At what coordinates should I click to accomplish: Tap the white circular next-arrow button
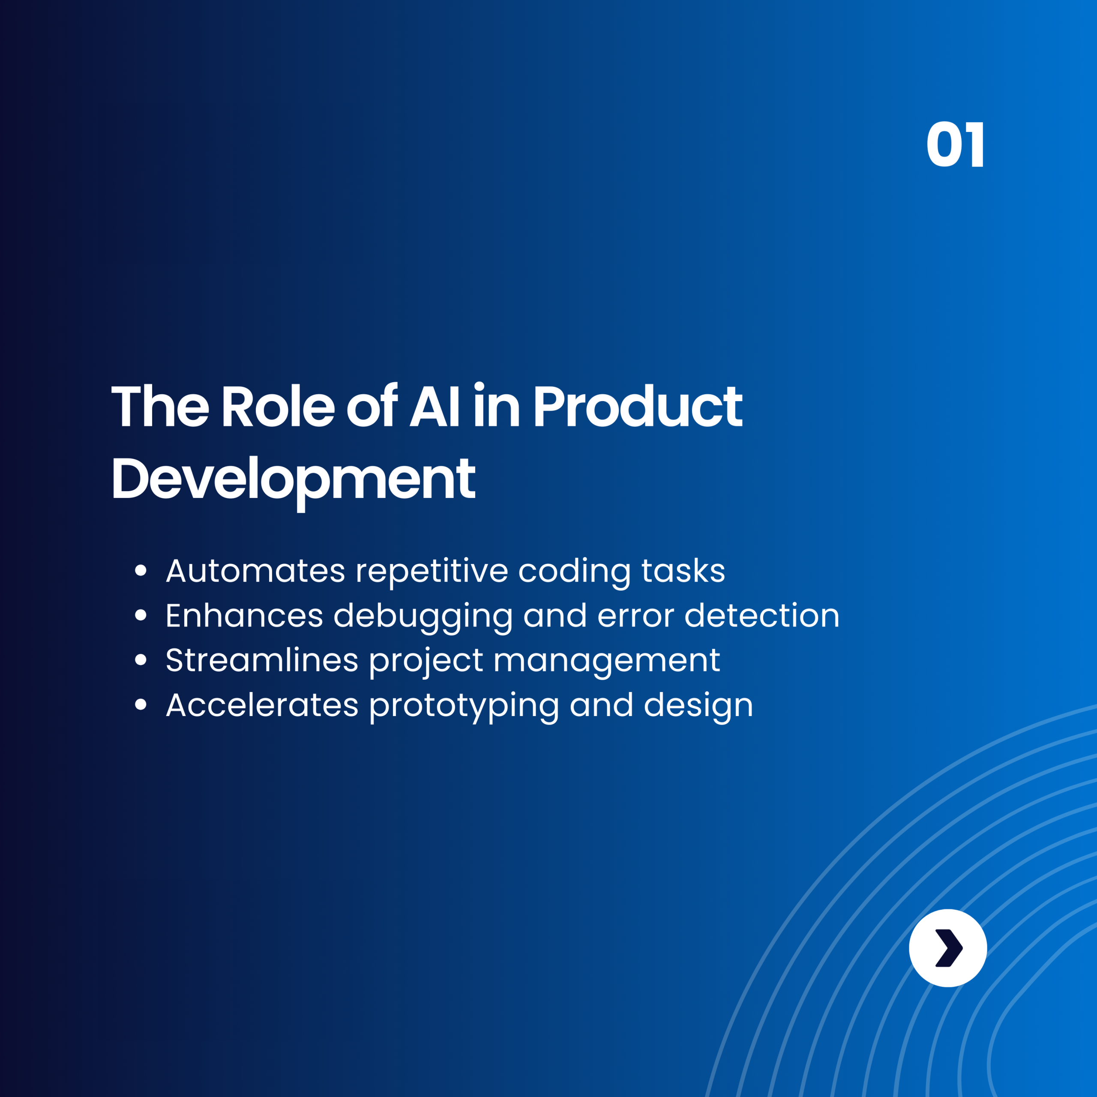coord(948,948)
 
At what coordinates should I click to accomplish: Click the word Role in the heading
coord(278,407)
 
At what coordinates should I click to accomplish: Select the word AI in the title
coord(435,407)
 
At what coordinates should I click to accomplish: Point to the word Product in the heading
coord(637,407)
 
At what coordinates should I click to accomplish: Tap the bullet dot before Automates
coord(141,570)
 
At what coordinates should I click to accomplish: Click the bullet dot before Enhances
coord(141,615)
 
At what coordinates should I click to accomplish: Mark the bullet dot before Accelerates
coord(141,704)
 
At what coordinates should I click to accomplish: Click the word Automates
coord(255,571)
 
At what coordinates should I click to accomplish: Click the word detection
coord(761,615)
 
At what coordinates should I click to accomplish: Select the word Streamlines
coord(262,660)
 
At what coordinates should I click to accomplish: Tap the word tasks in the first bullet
coord(683,571)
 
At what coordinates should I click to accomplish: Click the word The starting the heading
coord(160,407)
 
